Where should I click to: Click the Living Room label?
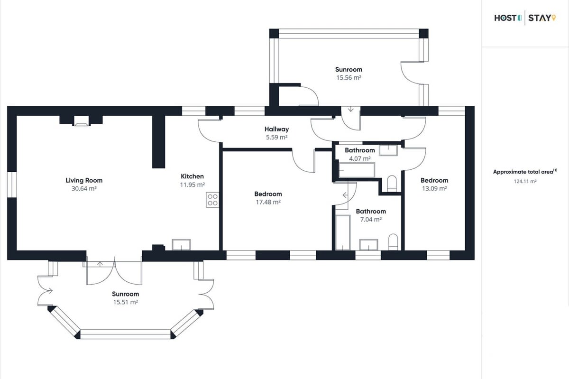[84, 180]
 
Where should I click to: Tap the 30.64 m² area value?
[84, 188]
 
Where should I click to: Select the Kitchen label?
[193, 176]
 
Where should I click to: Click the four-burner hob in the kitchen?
[212, 200]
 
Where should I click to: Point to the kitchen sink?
[181, 245]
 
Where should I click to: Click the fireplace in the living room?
[81, 121]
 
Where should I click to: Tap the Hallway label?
[276, 129]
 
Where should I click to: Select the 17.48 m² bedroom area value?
[268, 202]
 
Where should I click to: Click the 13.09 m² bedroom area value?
[434, 188]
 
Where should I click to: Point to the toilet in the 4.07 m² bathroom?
[392, 184]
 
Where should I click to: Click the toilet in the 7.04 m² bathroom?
[393, 242]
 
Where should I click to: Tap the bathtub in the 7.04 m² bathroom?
[343, 232]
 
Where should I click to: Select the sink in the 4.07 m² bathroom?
[388, 150]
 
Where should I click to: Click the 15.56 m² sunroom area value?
[349, 77]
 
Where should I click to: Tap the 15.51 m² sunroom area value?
[126, 302]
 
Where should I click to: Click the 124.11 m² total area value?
[525, 181]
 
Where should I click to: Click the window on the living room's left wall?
[12, 185]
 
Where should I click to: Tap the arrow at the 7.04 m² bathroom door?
[345, 195]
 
